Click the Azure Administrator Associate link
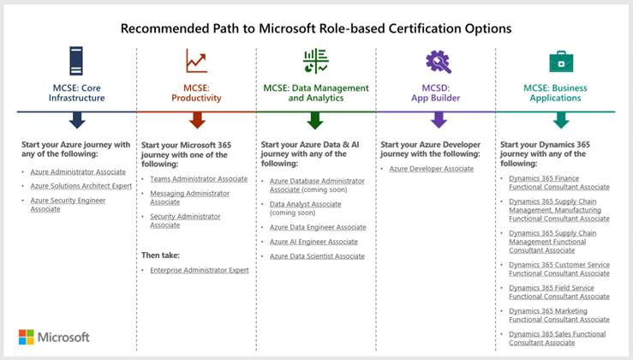click(78, 171)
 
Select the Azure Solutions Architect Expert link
click(81, 186)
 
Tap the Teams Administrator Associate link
click(199, 179)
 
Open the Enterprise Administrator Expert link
click(200, 270)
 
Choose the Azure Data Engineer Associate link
click(318, 227)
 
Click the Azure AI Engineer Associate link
click(314, 242)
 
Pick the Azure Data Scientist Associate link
click(317, 256)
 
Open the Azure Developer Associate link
click(431, 169)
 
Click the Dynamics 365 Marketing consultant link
click(559, 315)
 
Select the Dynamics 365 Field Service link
click(559, 292)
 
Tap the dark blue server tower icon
click(76, 61)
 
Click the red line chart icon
click(197, 61)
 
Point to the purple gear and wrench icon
click(439, 62)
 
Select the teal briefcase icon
click(561, 62)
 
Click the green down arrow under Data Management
click(315, 120)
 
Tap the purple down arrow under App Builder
click(439, 120)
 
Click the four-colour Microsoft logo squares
click(27, 337)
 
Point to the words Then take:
click(160, 255)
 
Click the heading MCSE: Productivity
click(196, 93)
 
